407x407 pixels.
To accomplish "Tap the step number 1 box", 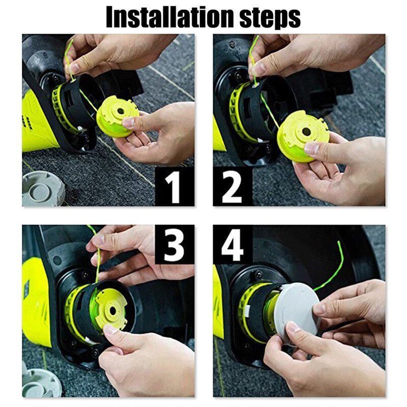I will click(x=174, y=187).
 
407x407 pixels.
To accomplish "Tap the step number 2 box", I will click(x=232, y=187).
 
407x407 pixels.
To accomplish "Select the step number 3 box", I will click(x=174, y=245).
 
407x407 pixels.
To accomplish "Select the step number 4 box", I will click(x=232, y=245).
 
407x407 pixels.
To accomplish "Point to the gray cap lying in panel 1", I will click(x=43, y=188).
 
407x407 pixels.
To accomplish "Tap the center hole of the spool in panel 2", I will click(x=306, y=131).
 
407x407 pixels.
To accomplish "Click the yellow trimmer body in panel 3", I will click(x=36, y=300).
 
